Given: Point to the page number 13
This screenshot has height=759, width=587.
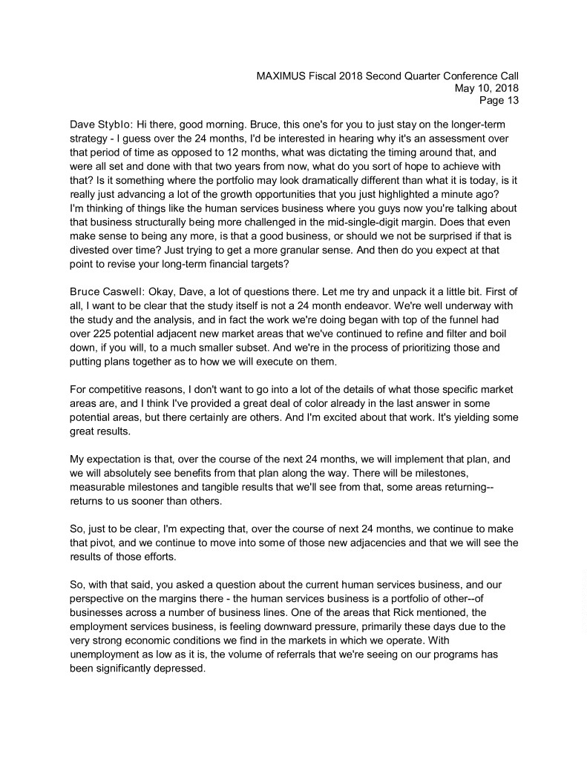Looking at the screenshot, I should point(511,101).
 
